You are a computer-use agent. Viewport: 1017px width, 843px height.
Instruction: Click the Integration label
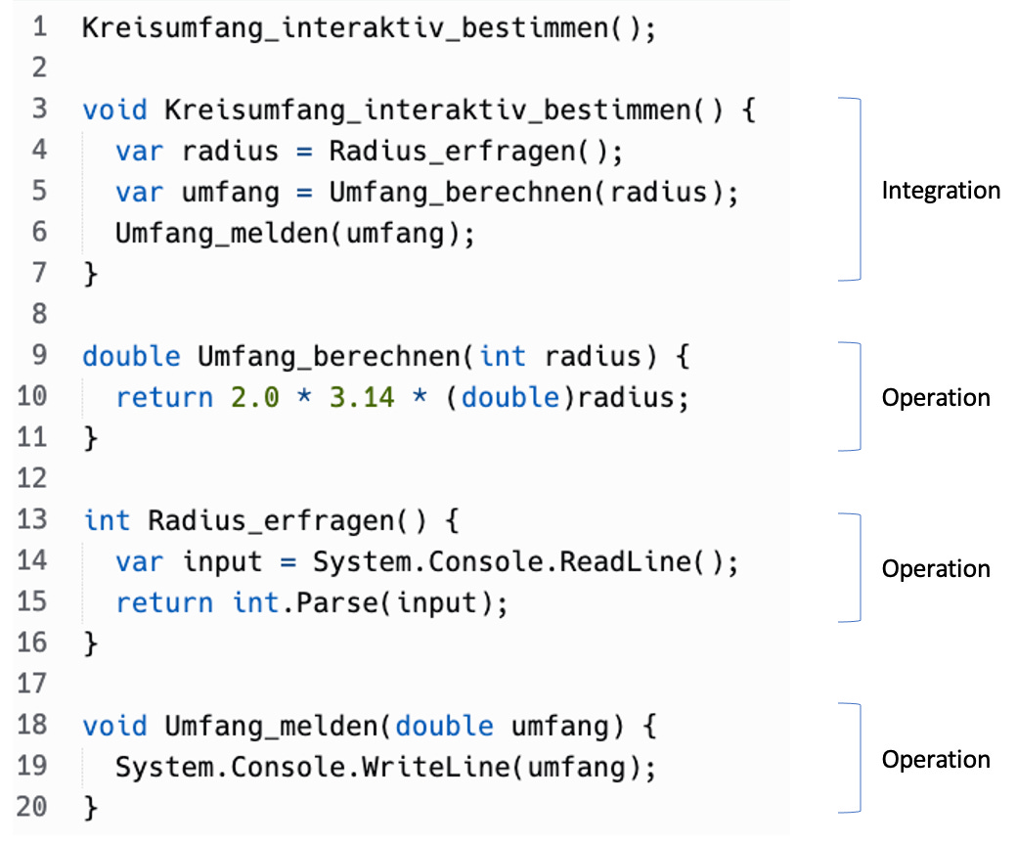point(941,191)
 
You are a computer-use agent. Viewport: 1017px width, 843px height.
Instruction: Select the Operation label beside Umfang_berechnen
point(936,398)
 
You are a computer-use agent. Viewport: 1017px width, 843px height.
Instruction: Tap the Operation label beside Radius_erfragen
point(936,569)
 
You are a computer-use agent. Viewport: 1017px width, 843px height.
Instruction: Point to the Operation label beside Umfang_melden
point(936,760)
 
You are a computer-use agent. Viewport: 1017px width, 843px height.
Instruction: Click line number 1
point(39,26)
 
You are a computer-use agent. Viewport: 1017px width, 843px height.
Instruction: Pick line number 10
point(32,396)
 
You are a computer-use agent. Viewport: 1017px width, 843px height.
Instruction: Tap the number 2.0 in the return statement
point(254,397)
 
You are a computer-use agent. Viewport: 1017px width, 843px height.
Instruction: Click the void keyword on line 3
point(115,110)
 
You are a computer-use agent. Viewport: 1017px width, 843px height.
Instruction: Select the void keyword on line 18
point(115,726)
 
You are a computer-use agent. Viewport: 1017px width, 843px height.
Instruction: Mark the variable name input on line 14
point(222,562)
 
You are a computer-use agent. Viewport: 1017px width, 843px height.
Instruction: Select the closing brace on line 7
point(91,274)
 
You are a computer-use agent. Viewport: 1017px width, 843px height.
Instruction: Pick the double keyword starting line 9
point(132,356)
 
